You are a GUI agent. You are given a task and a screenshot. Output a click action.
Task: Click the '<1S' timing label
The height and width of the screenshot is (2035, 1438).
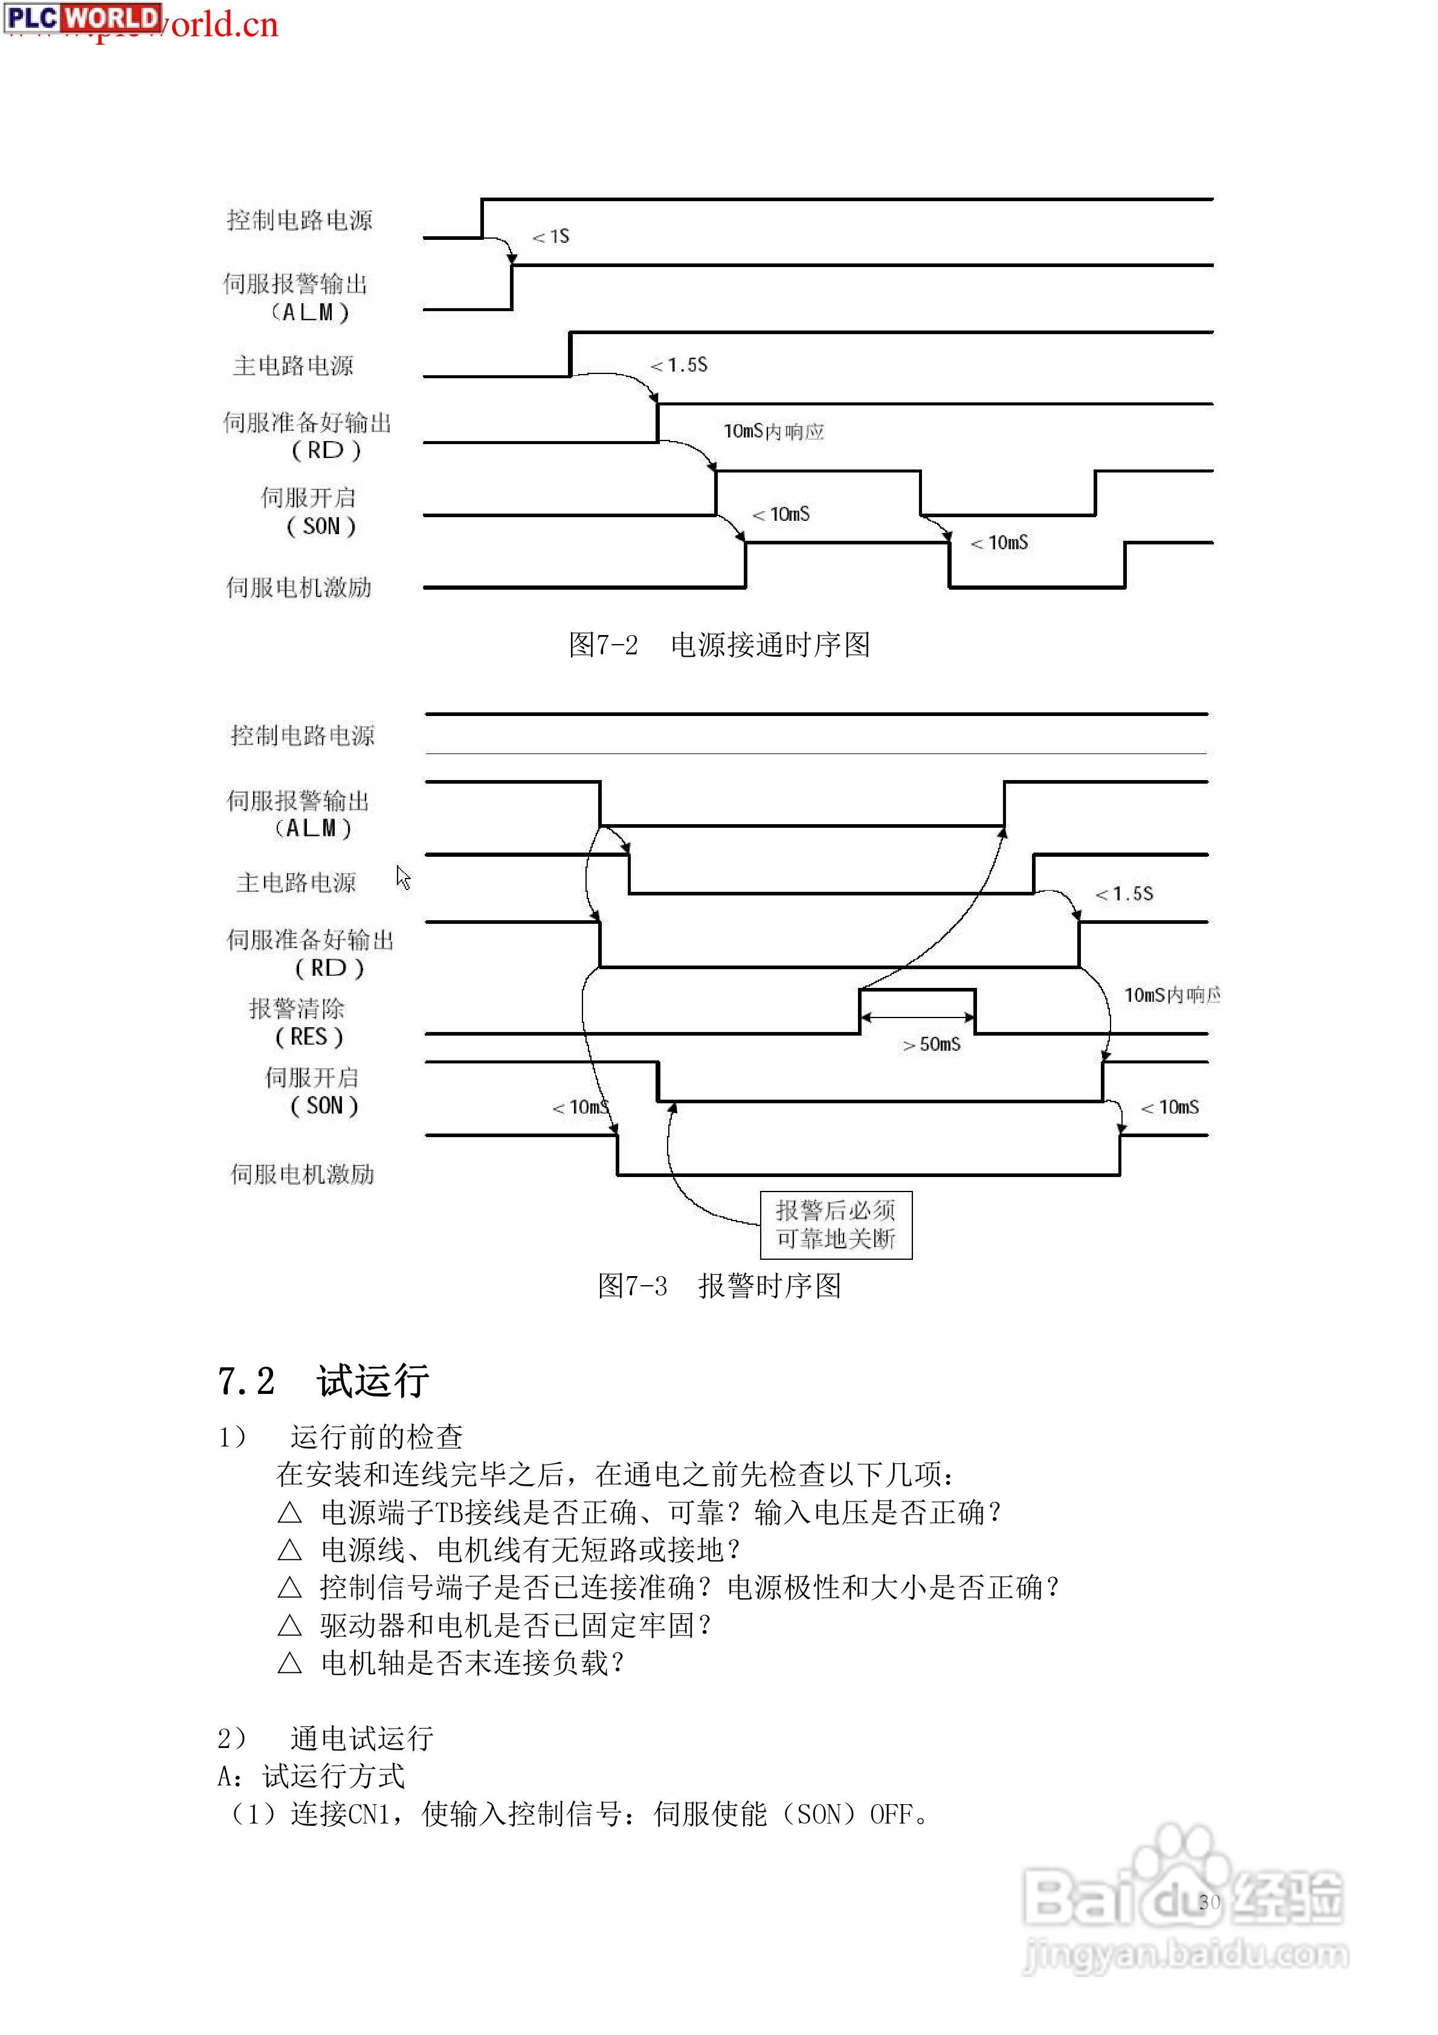coord(550,237)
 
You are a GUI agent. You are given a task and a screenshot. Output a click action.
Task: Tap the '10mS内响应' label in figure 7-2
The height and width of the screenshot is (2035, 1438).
coord(773,431)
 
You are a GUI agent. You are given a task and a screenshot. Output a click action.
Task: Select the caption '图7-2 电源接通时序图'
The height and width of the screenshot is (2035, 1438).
coord(718,644)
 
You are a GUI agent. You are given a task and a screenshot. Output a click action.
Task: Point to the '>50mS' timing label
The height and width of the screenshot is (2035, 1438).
coord(931,1045)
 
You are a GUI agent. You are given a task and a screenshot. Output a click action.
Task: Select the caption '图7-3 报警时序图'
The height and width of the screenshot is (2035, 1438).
coord(718,1286)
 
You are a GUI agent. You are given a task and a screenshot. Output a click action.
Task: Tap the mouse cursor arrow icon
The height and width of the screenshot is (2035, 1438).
coord(404,877)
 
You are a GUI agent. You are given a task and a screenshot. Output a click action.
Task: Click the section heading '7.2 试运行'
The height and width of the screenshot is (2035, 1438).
coord(324,1381)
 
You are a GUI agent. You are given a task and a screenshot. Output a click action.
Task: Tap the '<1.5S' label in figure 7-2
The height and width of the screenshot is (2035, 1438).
coord(679,365)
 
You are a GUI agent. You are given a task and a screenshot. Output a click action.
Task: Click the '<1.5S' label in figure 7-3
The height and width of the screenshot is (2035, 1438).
coord(1124,894)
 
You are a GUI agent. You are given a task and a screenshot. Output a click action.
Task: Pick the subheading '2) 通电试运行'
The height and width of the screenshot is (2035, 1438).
coord(326,1738)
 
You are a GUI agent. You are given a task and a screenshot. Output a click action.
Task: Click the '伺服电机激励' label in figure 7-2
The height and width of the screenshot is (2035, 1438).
coord(298,587)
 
